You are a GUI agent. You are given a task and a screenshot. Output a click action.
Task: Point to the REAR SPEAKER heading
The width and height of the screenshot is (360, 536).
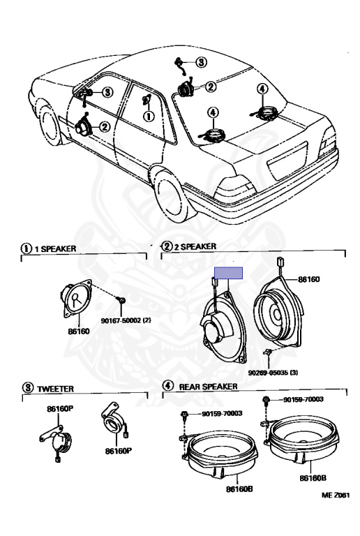(209, 386)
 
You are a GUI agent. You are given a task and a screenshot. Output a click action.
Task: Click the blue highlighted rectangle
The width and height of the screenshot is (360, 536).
(228, 273)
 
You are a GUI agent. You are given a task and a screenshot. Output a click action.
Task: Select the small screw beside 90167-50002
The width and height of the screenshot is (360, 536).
(122, 299)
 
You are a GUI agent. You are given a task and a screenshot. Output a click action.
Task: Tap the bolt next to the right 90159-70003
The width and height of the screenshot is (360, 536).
(267, 401)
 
